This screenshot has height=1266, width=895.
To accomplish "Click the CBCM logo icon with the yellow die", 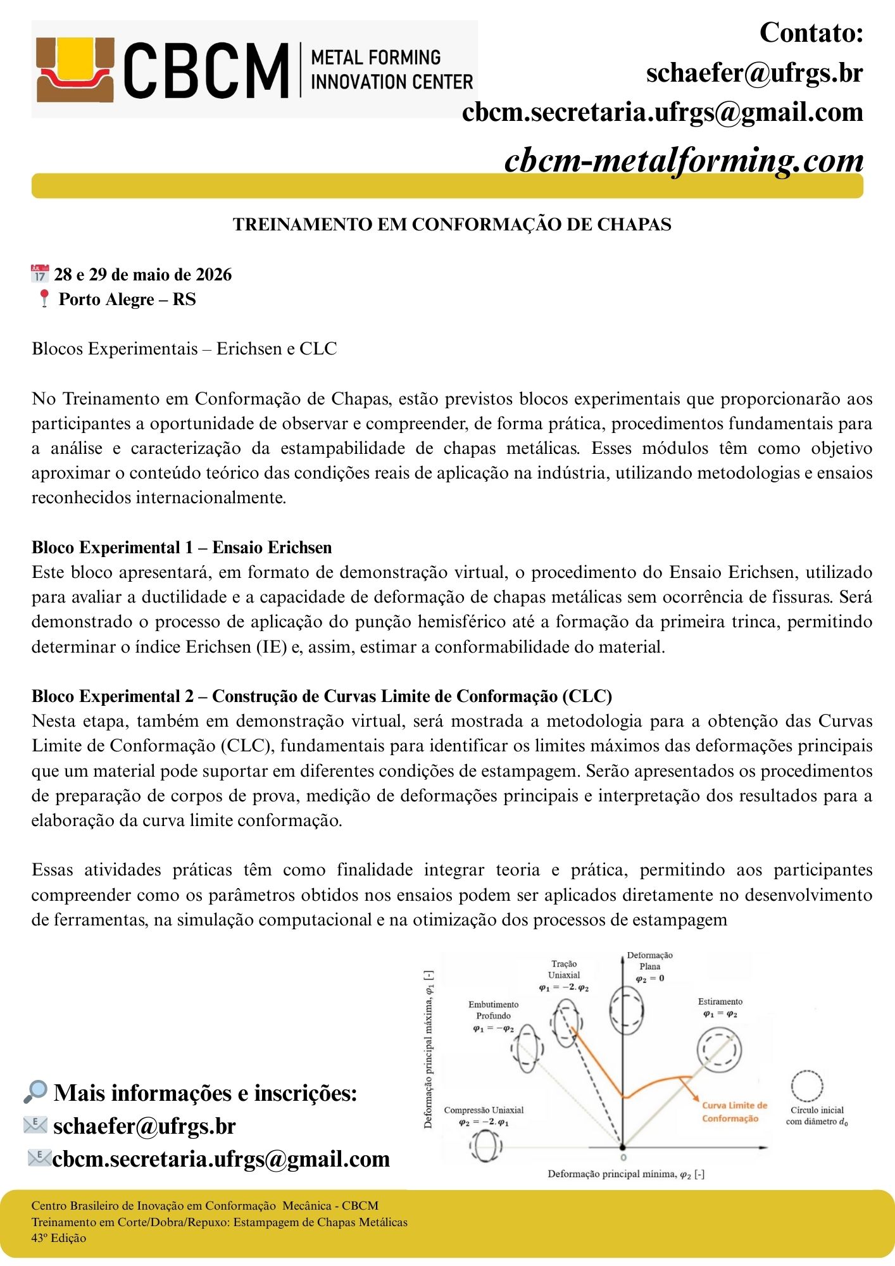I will (x=75, y=70).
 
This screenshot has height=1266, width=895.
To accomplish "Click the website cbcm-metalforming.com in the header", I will (x=684, y=160).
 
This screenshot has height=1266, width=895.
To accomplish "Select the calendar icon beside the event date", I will (x=39, y=274).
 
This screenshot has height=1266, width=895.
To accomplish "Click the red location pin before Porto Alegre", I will (x=44, y=299).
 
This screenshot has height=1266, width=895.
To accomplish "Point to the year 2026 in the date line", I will (x=213, y=275).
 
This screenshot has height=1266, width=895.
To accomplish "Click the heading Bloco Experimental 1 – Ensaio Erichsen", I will (x=182, y=548).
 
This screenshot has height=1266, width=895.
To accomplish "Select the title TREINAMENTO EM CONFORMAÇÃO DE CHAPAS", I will (x=452, y=225).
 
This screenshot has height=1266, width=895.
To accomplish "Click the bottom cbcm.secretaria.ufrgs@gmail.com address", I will (x=221, y=1158).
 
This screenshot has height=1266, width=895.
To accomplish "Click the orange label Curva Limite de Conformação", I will (x=734, y=1112).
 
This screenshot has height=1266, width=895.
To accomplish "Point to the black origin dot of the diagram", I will (x=622, y=1147).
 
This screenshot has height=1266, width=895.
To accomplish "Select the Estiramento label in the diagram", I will (x=720, y=1001).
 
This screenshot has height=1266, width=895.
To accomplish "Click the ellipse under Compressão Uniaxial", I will (x=485, y=1146).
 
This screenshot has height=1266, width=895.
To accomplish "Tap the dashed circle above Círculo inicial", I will (x=807, y=1086).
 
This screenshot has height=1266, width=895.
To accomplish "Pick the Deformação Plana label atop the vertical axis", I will (x=649, y=961).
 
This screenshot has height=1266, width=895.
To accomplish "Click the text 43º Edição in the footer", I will (x=59, y=1238).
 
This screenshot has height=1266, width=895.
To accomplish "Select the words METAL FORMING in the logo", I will (x=375, y=58).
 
